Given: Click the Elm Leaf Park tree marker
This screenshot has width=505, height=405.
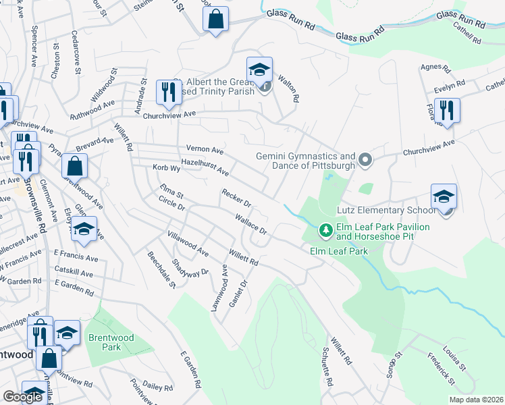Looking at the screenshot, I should pyautogui.click(x=326, y=231).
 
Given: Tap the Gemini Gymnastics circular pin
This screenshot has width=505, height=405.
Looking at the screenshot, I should pyautogui.click(x=365, y=160).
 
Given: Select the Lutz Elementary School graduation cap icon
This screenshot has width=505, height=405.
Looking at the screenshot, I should pyautogui.click(x=444, y=197).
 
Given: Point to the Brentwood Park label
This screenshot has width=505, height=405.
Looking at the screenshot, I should pyautogui.click(x=111, y=342).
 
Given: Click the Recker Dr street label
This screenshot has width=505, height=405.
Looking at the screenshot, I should pyautogui.click(x=236, y=198).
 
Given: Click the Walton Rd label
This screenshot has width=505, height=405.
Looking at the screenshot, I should pyautogui.click(x=288, y=88).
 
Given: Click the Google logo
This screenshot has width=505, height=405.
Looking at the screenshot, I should pyautogui.click(x=22, y=397).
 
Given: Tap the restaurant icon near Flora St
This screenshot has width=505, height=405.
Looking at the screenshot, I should pyautogui.click(x=447, y=109).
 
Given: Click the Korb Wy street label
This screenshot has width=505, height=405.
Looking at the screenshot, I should pyautogui.click(x=166, y=167).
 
